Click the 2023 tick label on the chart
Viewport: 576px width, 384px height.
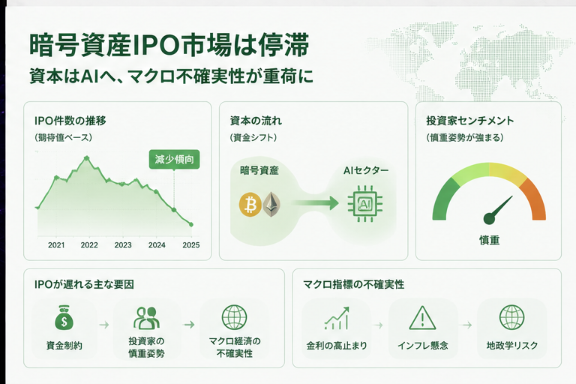click(123, 245)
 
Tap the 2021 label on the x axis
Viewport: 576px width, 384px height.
click(56, 245)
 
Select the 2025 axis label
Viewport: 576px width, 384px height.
click(191, 245)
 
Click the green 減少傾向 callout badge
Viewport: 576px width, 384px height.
click(174, 160)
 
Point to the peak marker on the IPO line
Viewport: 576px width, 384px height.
click(87, 158)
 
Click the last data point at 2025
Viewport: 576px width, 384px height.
click(190, 224)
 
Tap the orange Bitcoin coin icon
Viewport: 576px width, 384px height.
click(250, 204)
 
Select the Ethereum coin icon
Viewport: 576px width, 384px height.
click(271, 204)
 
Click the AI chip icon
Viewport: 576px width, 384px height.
click(364, 204)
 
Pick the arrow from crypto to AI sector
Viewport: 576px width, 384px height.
click(316, 202)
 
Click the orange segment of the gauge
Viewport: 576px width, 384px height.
click(534, 199)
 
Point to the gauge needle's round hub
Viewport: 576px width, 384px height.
click(490, 218)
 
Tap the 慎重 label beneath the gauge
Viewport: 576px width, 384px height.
click(489, 240)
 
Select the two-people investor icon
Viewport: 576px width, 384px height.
click(146, 317)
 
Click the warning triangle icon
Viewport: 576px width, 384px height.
click(422, 318)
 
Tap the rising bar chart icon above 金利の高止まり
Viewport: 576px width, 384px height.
click(337, 318)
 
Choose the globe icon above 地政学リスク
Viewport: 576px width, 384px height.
click(511, 317)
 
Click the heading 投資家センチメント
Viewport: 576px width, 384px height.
click(469, 121)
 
